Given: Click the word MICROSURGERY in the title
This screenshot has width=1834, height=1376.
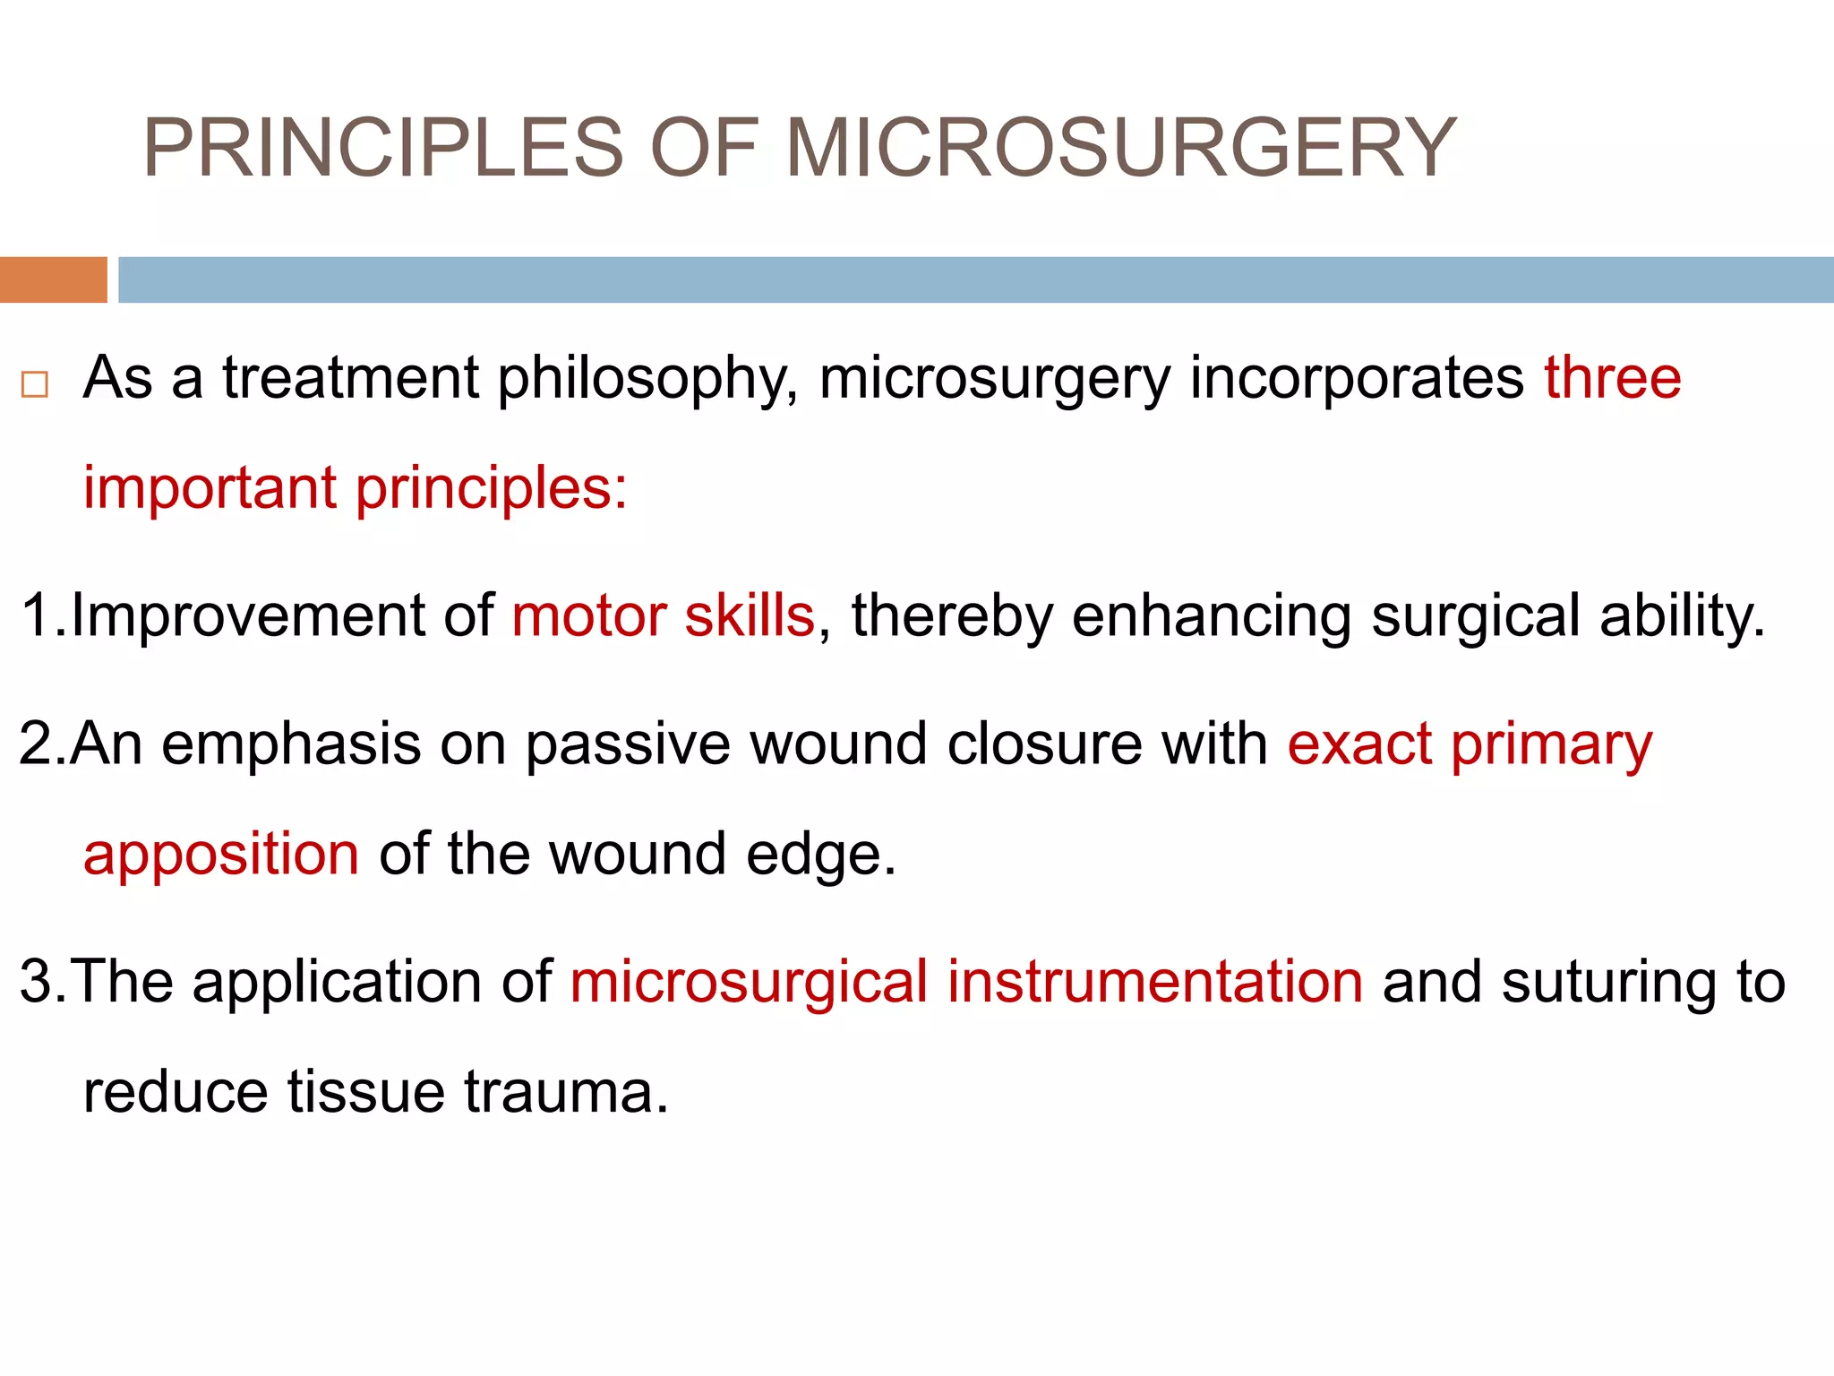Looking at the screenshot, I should [1121, 148].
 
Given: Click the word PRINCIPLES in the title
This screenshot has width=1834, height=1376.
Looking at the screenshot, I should [383, 148].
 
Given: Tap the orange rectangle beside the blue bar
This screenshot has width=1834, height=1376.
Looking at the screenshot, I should [53, 279].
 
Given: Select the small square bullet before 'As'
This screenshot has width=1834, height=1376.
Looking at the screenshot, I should [35, 385].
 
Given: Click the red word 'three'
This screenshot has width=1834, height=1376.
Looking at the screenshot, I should [1612, 377].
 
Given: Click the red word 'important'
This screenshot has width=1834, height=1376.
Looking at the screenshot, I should [210, 489].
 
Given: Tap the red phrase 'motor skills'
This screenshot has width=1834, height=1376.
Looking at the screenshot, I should [663, 616].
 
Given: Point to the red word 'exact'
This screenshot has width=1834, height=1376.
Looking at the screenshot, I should [1359, 744].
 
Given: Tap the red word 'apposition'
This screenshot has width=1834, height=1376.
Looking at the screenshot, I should [221, 856].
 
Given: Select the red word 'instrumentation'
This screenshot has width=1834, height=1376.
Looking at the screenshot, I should [1155, 982].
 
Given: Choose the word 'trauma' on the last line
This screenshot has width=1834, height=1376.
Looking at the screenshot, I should [566, 1092].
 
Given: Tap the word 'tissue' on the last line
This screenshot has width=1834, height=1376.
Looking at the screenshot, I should [366, 1092].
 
